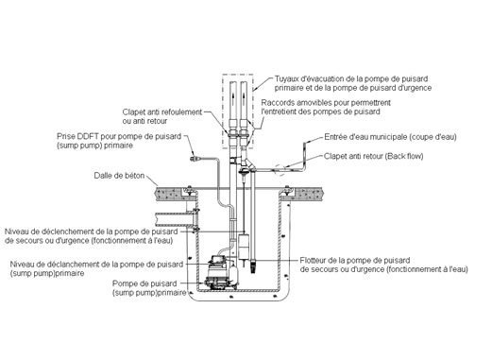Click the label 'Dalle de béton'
pos(119,176)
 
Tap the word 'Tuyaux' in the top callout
pos(285,78)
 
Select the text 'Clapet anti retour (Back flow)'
pos(374,156)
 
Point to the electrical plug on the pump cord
pos(194,159)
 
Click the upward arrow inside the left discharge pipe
pos(233,95)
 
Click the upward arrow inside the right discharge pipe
pos(244,95)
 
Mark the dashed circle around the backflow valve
pos(280,170)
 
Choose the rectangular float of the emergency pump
pos(244,247)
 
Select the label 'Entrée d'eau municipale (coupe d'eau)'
pos(390,137)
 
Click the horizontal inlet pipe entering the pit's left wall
pos(173,219)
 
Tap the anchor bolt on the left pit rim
pos(189,190)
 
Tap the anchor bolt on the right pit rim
pos(287,190)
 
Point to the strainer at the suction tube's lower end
pos(253,266)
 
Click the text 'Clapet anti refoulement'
pos(162,112)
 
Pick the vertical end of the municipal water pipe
pos(305,157)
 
